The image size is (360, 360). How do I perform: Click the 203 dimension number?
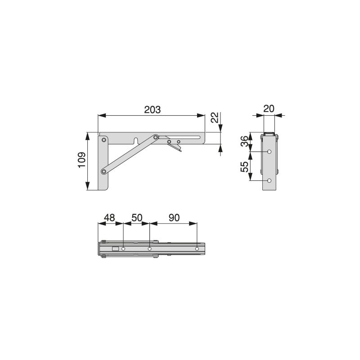[x=152, y=110]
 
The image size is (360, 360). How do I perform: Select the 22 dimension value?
[x=215, y=118]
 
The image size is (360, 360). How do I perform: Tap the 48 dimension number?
[x=110, y=217]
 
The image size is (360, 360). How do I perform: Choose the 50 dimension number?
[x=136, y=217]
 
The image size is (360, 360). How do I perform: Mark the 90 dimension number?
[x=174, y=217]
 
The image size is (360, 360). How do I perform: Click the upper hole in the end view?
[x=269, y=152]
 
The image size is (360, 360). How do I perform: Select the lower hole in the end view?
[x=269, y=180]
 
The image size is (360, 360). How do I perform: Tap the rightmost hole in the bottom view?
[x=197, y=248]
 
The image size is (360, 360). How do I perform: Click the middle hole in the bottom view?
[x=149, y=248]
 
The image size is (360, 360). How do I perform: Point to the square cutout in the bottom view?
[x=115, y=248]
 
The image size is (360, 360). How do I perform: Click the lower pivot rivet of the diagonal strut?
[x=104, y=171]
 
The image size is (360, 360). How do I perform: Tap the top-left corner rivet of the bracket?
[x=104, y=140]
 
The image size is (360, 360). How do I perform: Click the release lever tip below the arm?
[x=180, y=151]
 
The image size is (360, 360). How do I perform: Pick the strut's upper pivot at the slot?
[x=156, y=137]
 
